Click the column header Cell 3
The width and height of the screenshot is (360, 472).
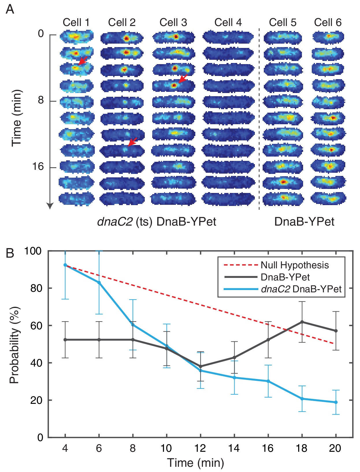click(x=173, y=23)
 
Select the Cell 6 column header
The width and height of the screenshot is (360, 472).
click(x=328, y=23)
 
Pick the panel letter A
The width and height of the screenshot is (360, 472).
click(x=10, y=9)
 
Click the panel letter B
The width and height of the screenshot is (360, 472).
click(x=10, y=253)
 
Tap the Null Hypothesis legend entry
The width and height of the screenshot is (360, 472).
click(x=294, y=265)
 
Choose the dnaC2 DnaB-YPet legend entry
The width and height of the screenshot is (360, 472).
click(x=301, y=289)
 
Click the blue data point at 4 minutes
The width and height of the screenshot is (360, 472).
click(x=65, y=265)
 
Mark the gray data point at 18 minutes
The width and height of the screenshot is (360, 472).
click(x=302, y=322)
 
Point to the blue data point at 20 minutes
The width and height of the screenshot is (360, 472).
click(x=336, y=402)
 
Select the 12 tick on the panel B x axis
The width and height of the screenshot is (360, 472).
click(x=200, y=448)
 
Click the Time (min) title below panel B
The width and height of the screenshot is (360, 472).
click(x=196, y=463)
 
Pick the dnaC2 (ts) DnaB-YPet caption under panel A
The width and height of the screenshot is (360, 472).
click(x=157, y=222)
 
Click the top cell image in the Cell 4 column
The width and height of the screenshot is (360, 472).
click(x=228, y=37)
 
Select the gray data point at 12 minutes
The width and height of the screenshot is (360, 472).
click(x=201, y=366)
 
